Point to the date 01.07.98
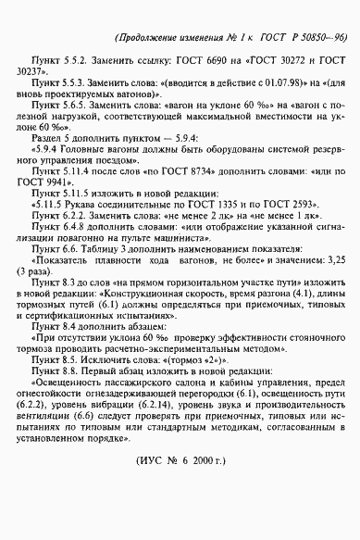pyautogui.click(x=228, y=94)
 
